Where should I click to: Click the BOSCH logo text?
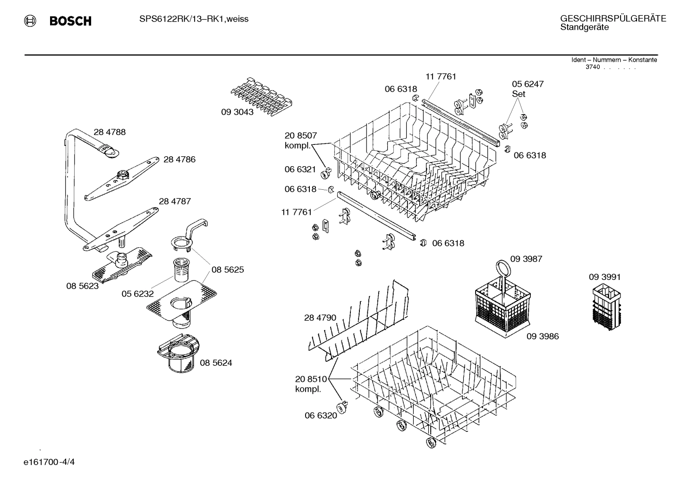tap(70, 21)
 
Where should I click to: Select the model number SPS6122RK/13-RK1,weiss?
tap(194, 19)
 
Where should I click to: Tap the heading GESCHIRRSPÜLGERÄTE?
tap(613, 18)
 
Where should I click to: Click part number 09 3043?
tap(237, 112)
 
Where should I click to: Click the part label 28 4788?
tap(110, 132)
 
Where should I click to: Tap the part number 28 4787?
tap(175, 202)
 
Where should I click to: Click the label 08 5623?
tap(82, 286)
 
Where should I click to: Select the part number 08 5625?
tap(228, 270)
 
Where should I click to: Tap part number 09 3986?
tap(543, 337)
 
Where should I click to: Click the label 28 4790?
tap(320, 318)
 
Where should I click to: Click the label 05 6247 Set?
tap(528, 89)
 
